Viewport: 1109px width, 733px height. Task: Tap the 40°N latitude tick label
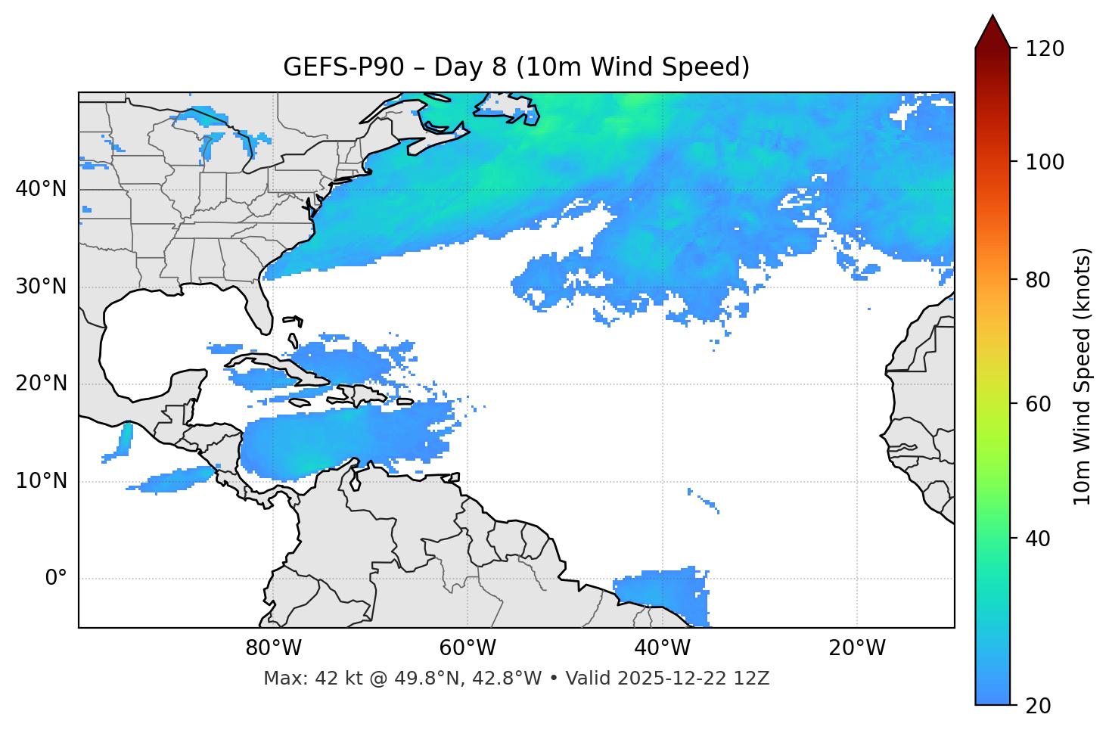(x=41, y=189)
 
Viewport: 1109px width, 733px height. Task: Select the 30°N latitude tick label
(x=41, y=287)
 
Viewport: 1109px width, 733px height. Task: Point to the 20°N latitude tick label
(x=41, y=384)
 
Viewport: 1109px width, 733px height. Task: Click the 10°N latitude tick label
(x=41, y=481)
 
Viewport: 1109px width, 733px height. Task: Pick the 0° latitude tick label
(x=56, y=579)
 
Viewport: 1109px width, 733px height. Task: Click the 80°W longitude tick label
(x=273, y=648)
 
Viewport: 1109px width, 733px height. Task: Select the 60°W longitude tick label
(x=468, y=648)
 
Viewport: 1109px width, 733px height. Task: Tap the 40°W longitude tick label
(x=662, y=648)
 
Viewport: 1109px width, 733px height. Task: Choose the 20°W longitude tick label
(x=856, y=648)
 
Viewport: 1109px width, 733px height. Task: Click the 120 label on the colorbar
(x=1044, y=49)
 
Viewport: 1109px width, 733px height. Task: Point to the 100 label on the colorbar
(x=1044, y=162)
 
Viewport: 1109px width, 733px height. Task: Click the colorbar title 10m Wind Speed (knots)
(x=1083, y=376)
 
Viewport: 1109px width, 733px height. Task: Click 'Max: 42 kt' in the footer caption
(x=296, y=679)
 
